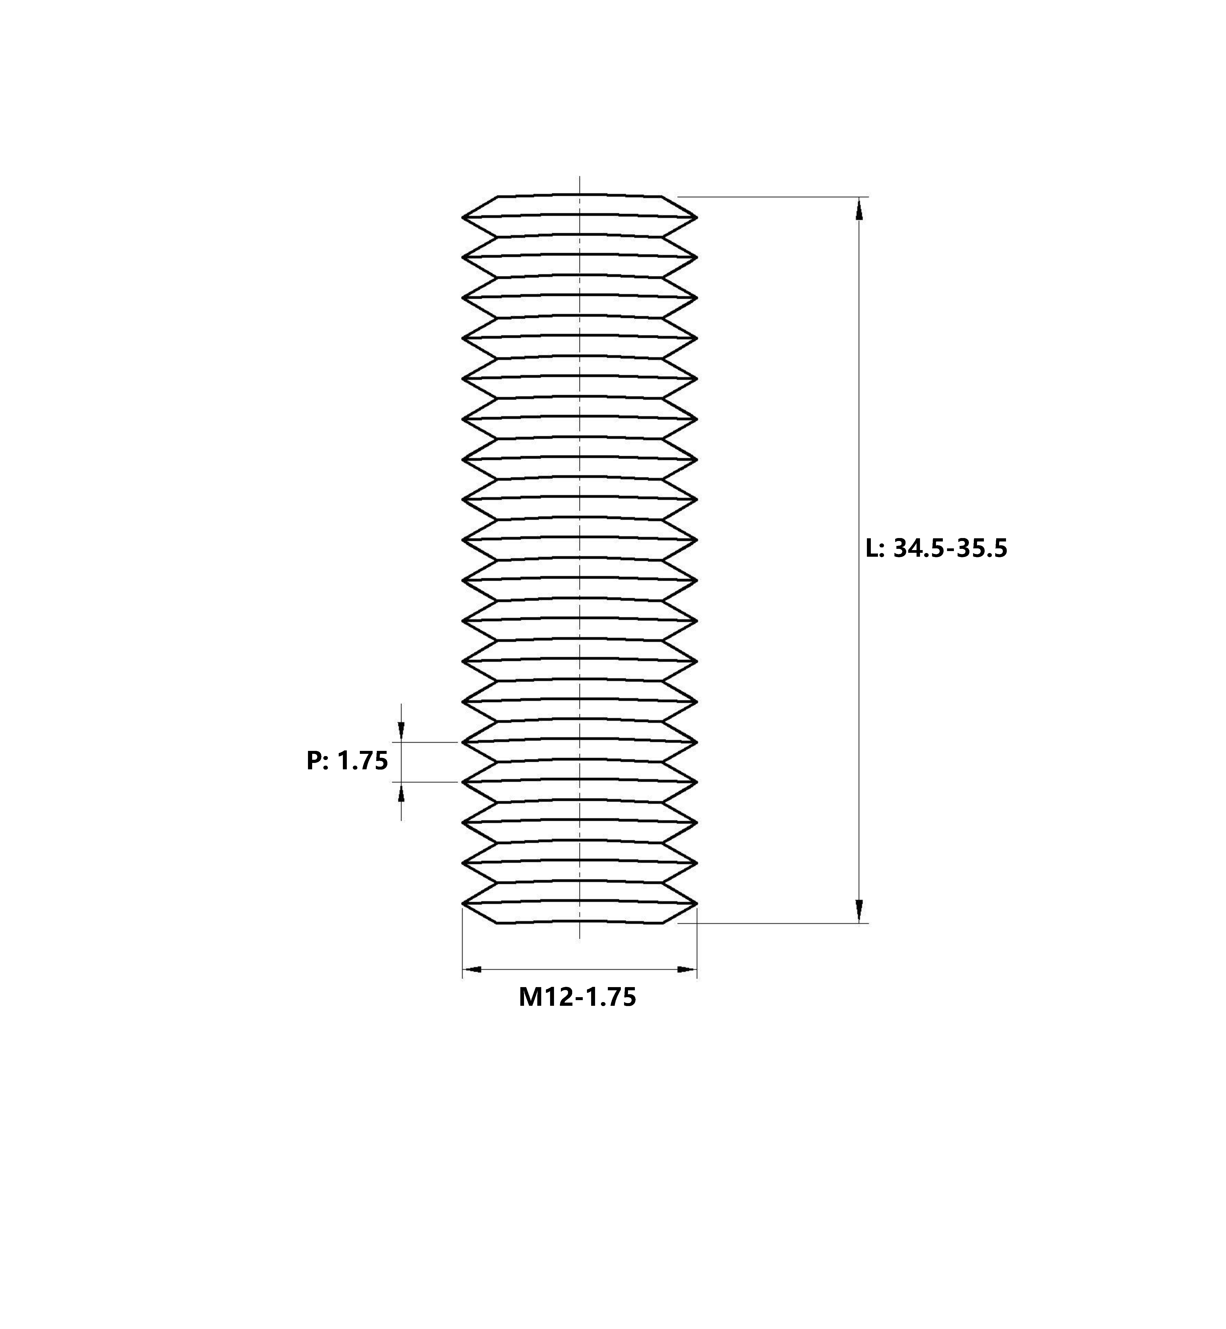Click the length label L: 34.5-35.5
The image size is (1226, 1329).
pyautogui.click(x=937, y=549)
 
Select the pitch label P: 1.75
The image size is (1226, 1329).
pyautogui.click(x=347, y=760)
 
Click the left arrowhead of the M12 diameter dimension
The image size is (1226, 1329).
pyautogui.click(x=472, y=970)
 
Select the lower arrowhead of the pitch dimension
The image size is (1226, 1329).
pyautogui.click(x=401, y=792)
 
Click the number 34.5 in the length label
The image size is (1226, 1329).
pyautogui.click(x=918, y=549)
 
